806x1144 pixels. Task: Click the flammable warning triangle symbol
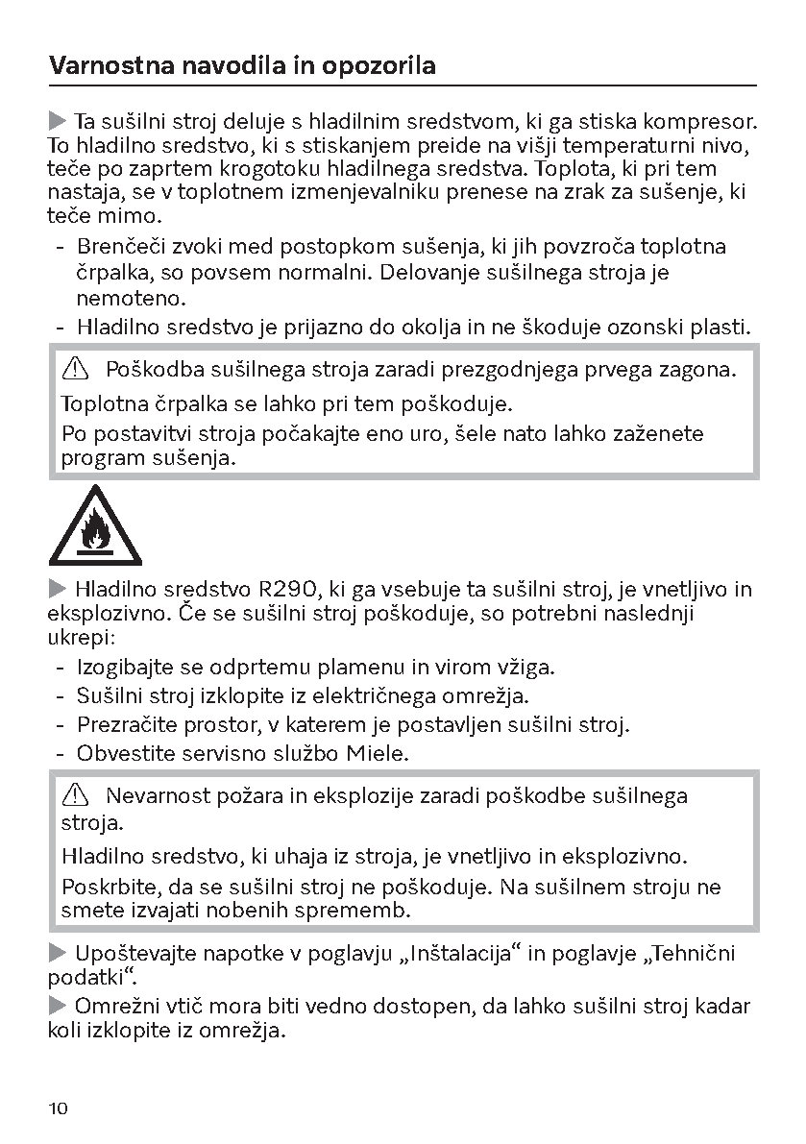[x=95, y=526]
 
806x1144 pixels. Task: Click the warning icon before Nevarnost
[x=74, y=795]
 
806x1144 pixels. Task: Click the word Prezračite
[x=126, y=724]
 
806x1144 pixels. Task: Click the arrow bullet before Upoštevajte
[x=57, y=953]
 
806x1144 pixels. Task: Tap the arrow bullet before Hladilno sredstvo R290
[x=57, y=588]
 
